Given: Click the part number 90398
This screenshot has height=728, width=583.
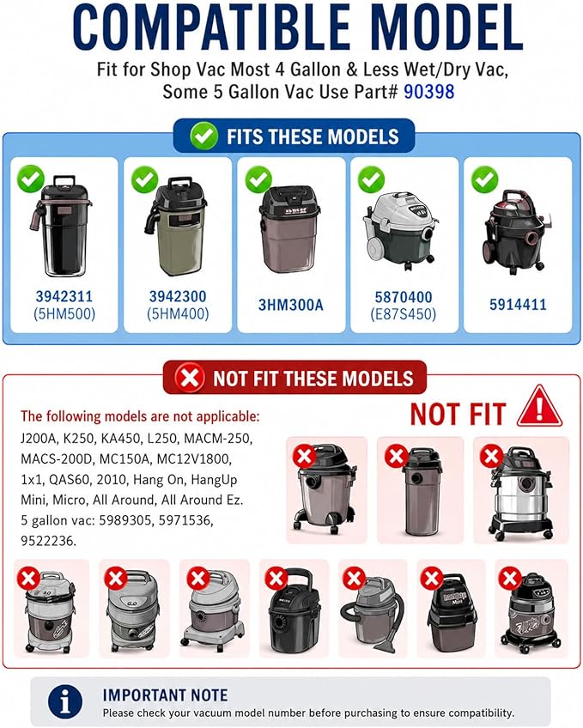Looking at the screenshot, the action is coord(429,92).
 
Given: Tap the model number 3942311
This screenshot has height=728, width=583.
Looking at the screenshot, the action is coord(64,296).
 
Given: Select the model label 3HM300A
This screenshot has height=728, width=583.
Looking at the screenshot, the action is coord(290,305).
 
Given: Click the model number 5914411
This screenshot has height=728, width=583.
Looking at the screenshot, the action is coord(518,305).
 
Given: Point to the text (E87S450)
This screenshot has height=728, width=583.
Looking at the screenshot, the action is coord(404,314).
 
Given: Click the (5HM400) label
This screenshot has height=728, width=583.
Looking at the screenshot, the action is coord(178,314).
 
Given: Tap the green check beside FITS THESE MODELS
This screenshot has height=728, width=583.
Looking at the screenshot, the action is coord(203,136).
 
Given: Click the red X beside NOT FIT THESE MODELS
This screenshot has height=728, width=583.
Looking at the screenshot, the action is coord(190,378).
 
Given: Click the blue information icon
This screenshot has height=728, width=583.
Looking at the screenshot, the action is coord(65,701).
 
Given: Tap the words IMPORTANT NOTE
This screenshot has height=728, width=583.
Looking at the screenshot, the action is coord(165,695).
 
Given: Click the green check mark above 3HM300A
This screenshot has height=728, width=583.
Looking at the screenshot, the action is coord(258,179).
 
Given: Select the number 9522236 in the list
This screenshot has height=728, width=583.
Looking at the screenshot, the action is coord(48,541).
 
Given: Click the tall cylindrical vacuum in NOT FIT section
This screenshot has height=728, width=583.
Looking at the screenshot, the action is coord(422,493).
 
